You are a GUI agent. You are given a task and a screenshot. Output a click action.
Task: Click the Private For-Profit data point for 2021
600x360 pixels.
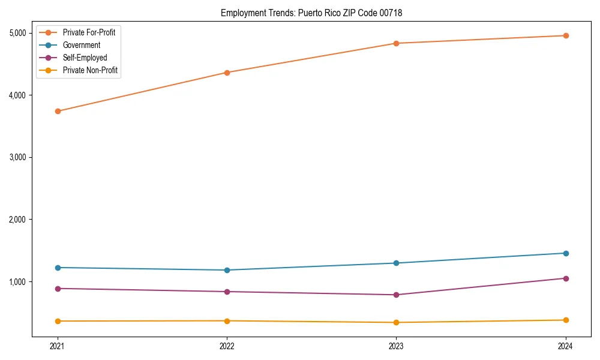(58, 111)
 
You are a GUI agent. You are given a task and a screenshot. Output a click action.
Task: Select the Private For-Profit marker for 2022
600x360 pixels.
(227, 73)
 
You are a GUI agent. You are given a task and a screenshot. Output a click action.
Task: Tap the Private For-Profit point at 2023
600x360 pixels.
(396, 43)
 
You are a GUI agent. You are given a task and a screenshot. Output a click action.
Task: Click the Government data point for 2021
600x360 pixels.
(58, 268)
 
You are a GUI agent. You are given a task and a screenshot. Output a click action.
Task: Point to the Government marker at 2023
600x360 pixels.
(396, 263)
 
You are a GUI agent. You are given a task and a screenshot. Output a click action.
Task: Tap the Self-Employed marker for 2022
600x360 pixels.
(227, 292)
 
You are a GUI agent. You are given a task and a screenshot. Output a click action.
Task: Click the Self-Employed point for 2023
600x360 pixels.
(396, 295)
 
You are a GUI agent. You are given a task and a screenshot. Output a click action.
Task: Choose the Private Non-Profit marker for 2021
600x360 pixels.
(58, 321)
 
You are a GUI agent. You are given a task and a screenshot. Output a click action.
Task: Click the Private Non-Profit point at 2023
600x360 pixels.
(396, 322)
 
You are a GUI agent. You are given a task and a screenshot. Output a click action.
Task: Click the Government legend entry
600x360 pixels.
(82, 45)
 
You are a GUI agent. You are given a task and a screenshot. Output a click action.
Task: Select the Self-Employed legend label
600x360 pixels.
(85, 58)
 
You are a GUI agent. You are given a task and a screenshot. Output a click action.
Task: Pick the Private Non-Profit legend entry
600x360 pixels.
(90, 70)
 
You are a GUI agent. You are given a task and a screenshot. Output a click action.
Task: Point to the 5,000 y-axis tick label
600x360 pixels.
(21, 33)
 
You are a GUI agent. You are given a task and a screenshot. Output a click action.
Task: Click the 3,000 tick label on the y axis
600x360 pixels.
(21, 157)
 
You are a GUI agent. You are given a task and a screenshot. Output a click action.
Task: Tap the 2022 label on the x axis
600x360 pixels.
(227, 346)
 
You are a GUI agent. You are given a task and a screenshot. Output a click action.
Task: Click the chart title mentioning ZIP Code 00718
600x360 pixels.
(311, 13)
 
